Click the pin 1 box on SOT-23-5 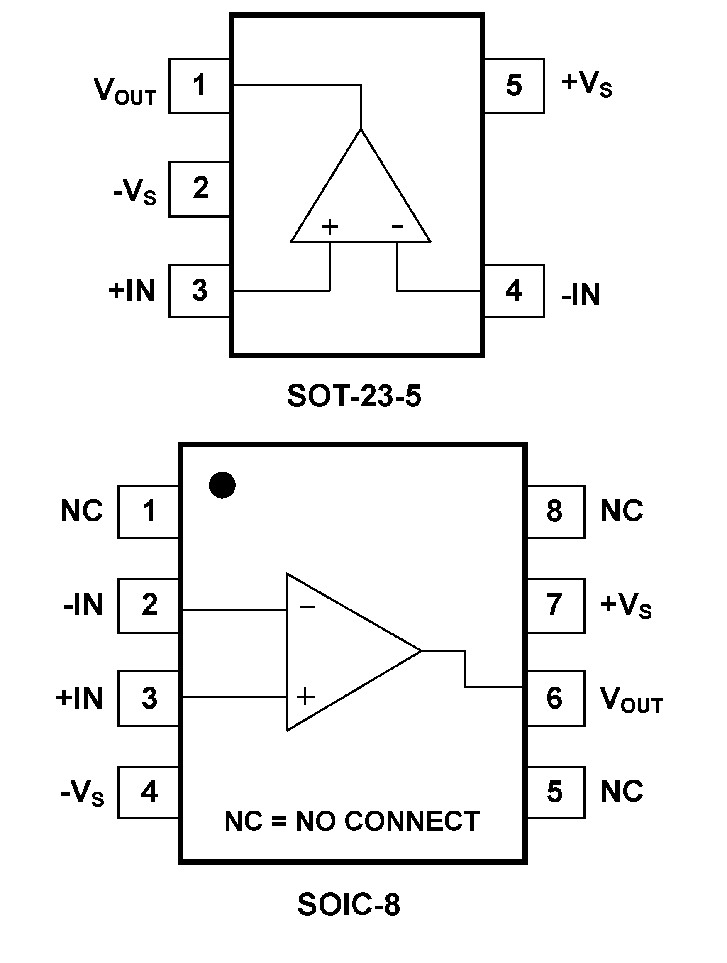pyautogui.click(x=199, y=86)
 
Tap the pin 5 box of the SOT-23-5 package pyautogui.click(x=514, y=86)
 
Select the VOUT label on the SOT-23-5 pyautogui.click(x=125, y=91)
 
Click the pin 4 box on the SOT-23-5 pyautogui.click(x=514, y=291)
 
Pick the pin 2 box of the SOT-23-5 pyautogui.click(x=199, y=189)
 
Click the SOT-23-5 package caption pyautogui.click(x=354, y=396)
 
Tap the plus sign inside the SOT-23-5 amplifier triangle pyautogui.click(x=329, y=226)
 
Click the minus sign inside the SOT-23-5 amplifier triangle pyautogui.click(x=397, y=226)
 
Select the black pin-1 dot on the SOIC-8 pyautogui.click(x=222, y=485)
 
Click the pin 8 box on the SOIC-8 pyautogui.click(x=556, y=511)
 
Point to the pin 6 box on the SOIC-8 pyautogui.click(x=556, y=699)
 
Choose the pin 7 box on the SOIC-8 pyautogui.click(x=556, y=605)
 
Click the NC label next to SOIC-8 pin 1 pyautogui.click(x=82, y=511)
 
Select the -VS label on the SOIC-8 pyautogui.click(x=83, y=793)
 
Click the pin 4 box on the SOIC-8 pyautogui.click(x=148, y=792)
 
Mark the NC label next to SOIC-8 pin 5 pyautogui.click(x=622, y=792)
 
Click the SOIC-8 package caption pyautogui.click(x=348, y=904)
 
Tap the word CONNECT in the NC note pyautogui.click(x=412, y=821)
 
